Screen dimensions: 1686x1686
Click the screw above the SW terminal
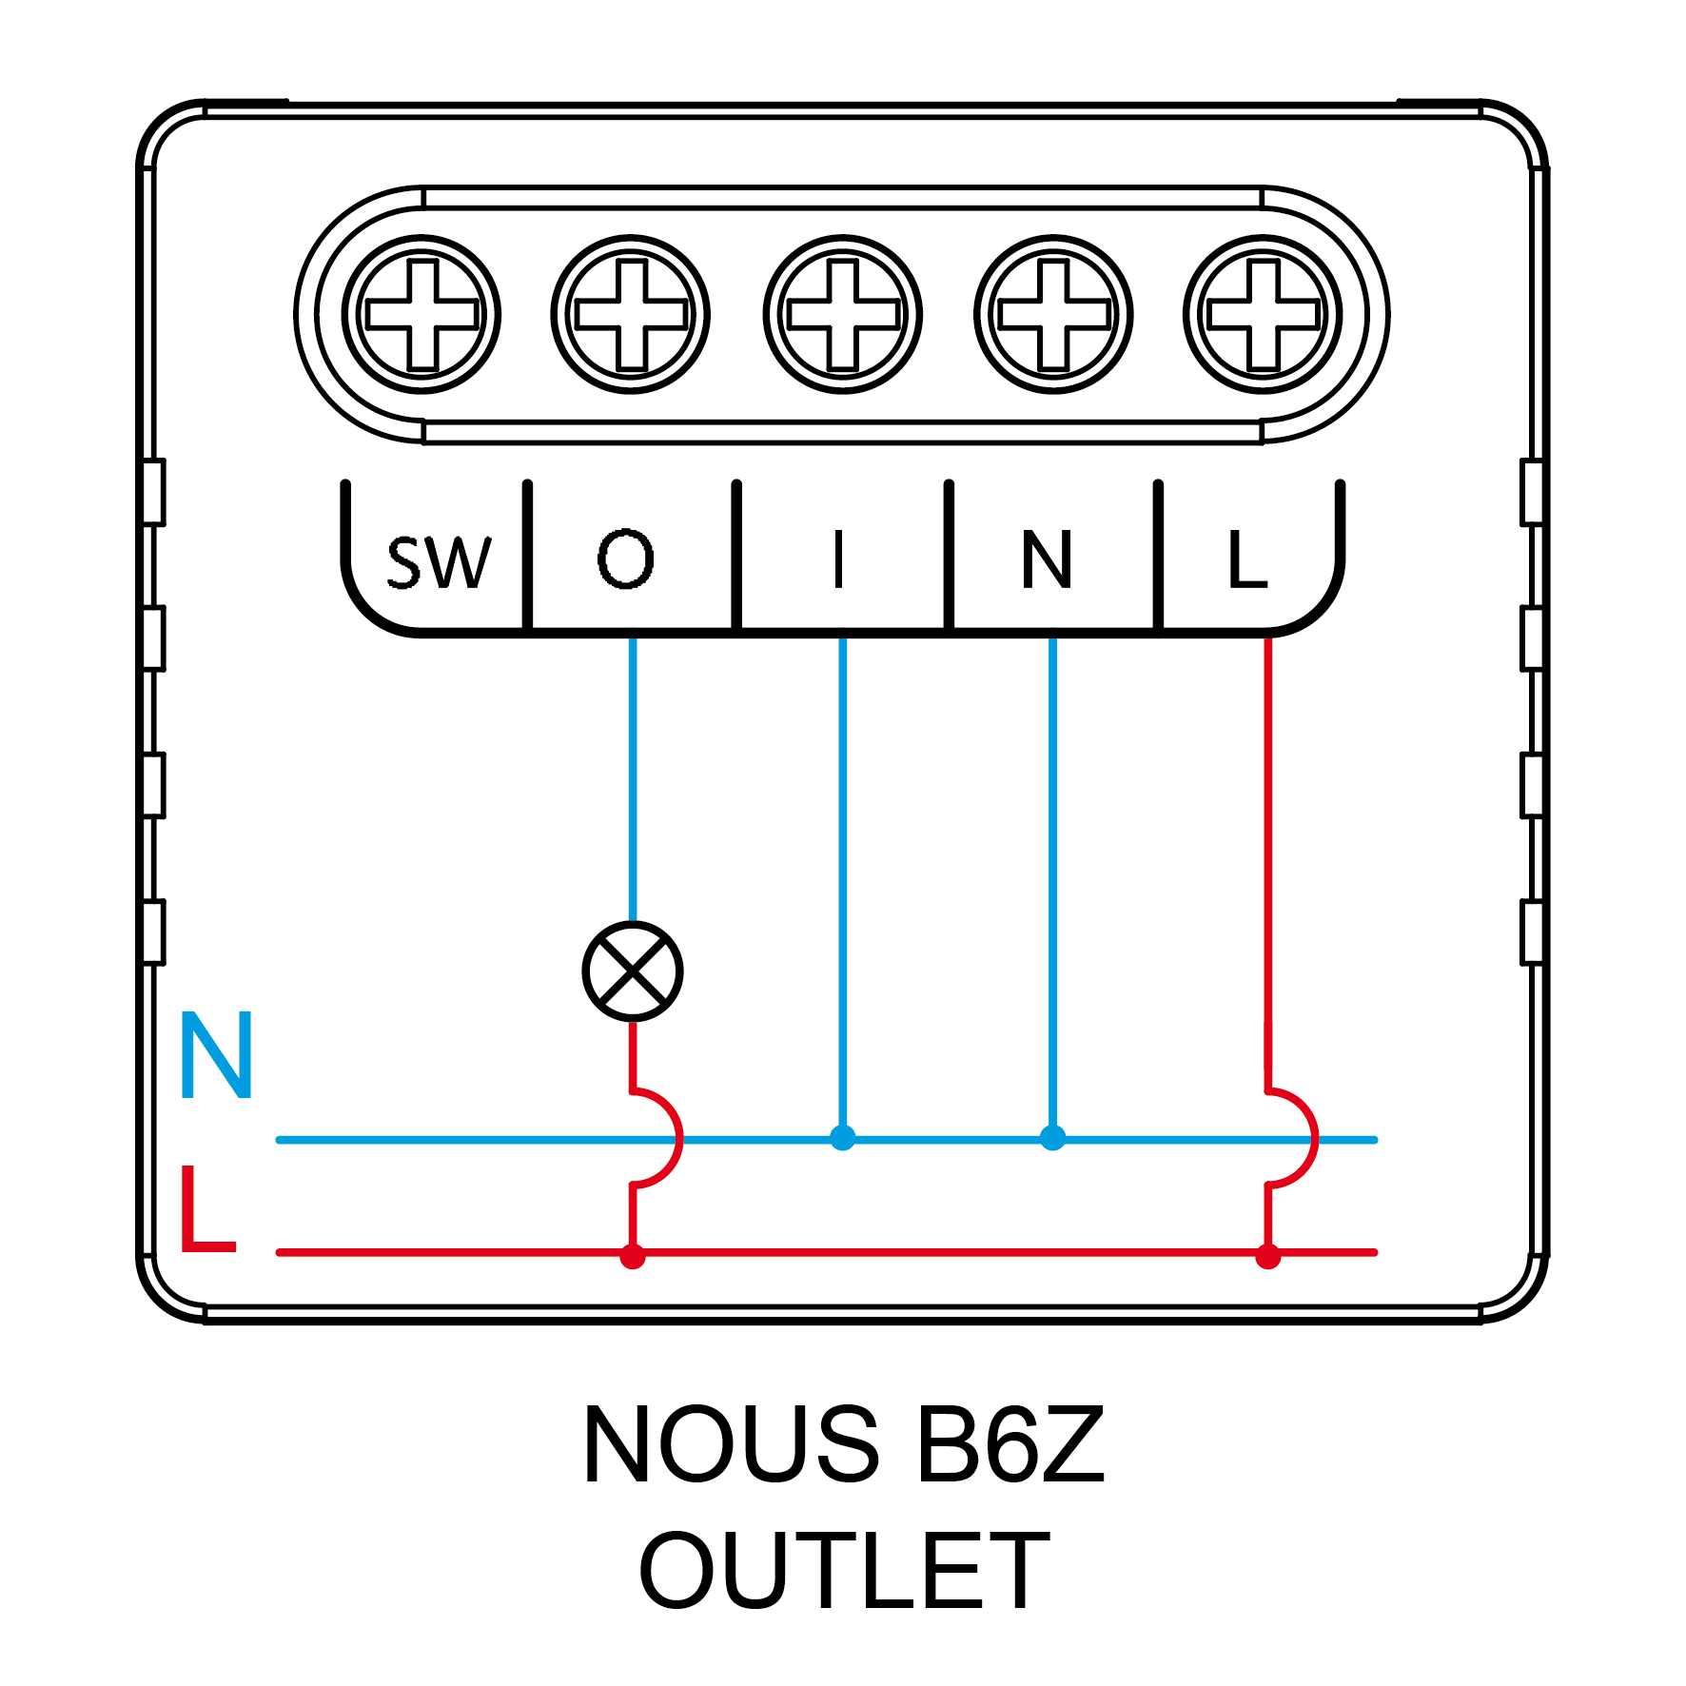(421, 314)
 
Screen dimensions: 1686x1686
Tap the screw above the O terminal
(631, 314)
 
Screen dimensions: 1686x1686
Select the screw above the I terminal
(843, 314)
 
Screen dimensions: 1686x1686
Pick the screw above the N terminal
(1053, 314)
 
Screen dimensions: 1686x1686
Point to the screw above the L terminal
(1264, 314)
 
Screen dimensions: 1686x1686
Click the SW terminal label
(439, 562)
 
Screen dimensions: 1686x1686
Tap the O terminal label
(626, 559)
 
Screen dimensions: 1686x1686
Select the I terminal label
(838, 559)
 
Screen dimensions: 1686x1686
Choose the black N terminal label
(1047, 559)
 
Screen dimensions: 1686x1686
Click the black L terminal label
(1247, 559)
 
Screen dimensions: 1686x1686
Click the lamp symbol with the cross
(633, 971)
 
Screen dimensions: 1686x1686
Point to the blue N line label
(216, 1055)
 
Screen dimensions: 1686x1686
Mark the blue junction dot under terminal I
(842, 1138)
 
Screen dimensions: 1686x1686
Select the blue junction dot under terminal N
(1052, 1138)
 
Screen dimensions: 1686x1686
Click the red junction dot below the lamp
(633, 1256)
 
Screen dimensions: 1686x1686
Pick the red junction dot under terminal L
(1267, 1256)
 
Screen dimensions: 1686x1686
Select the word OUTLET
(844, 1571)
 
